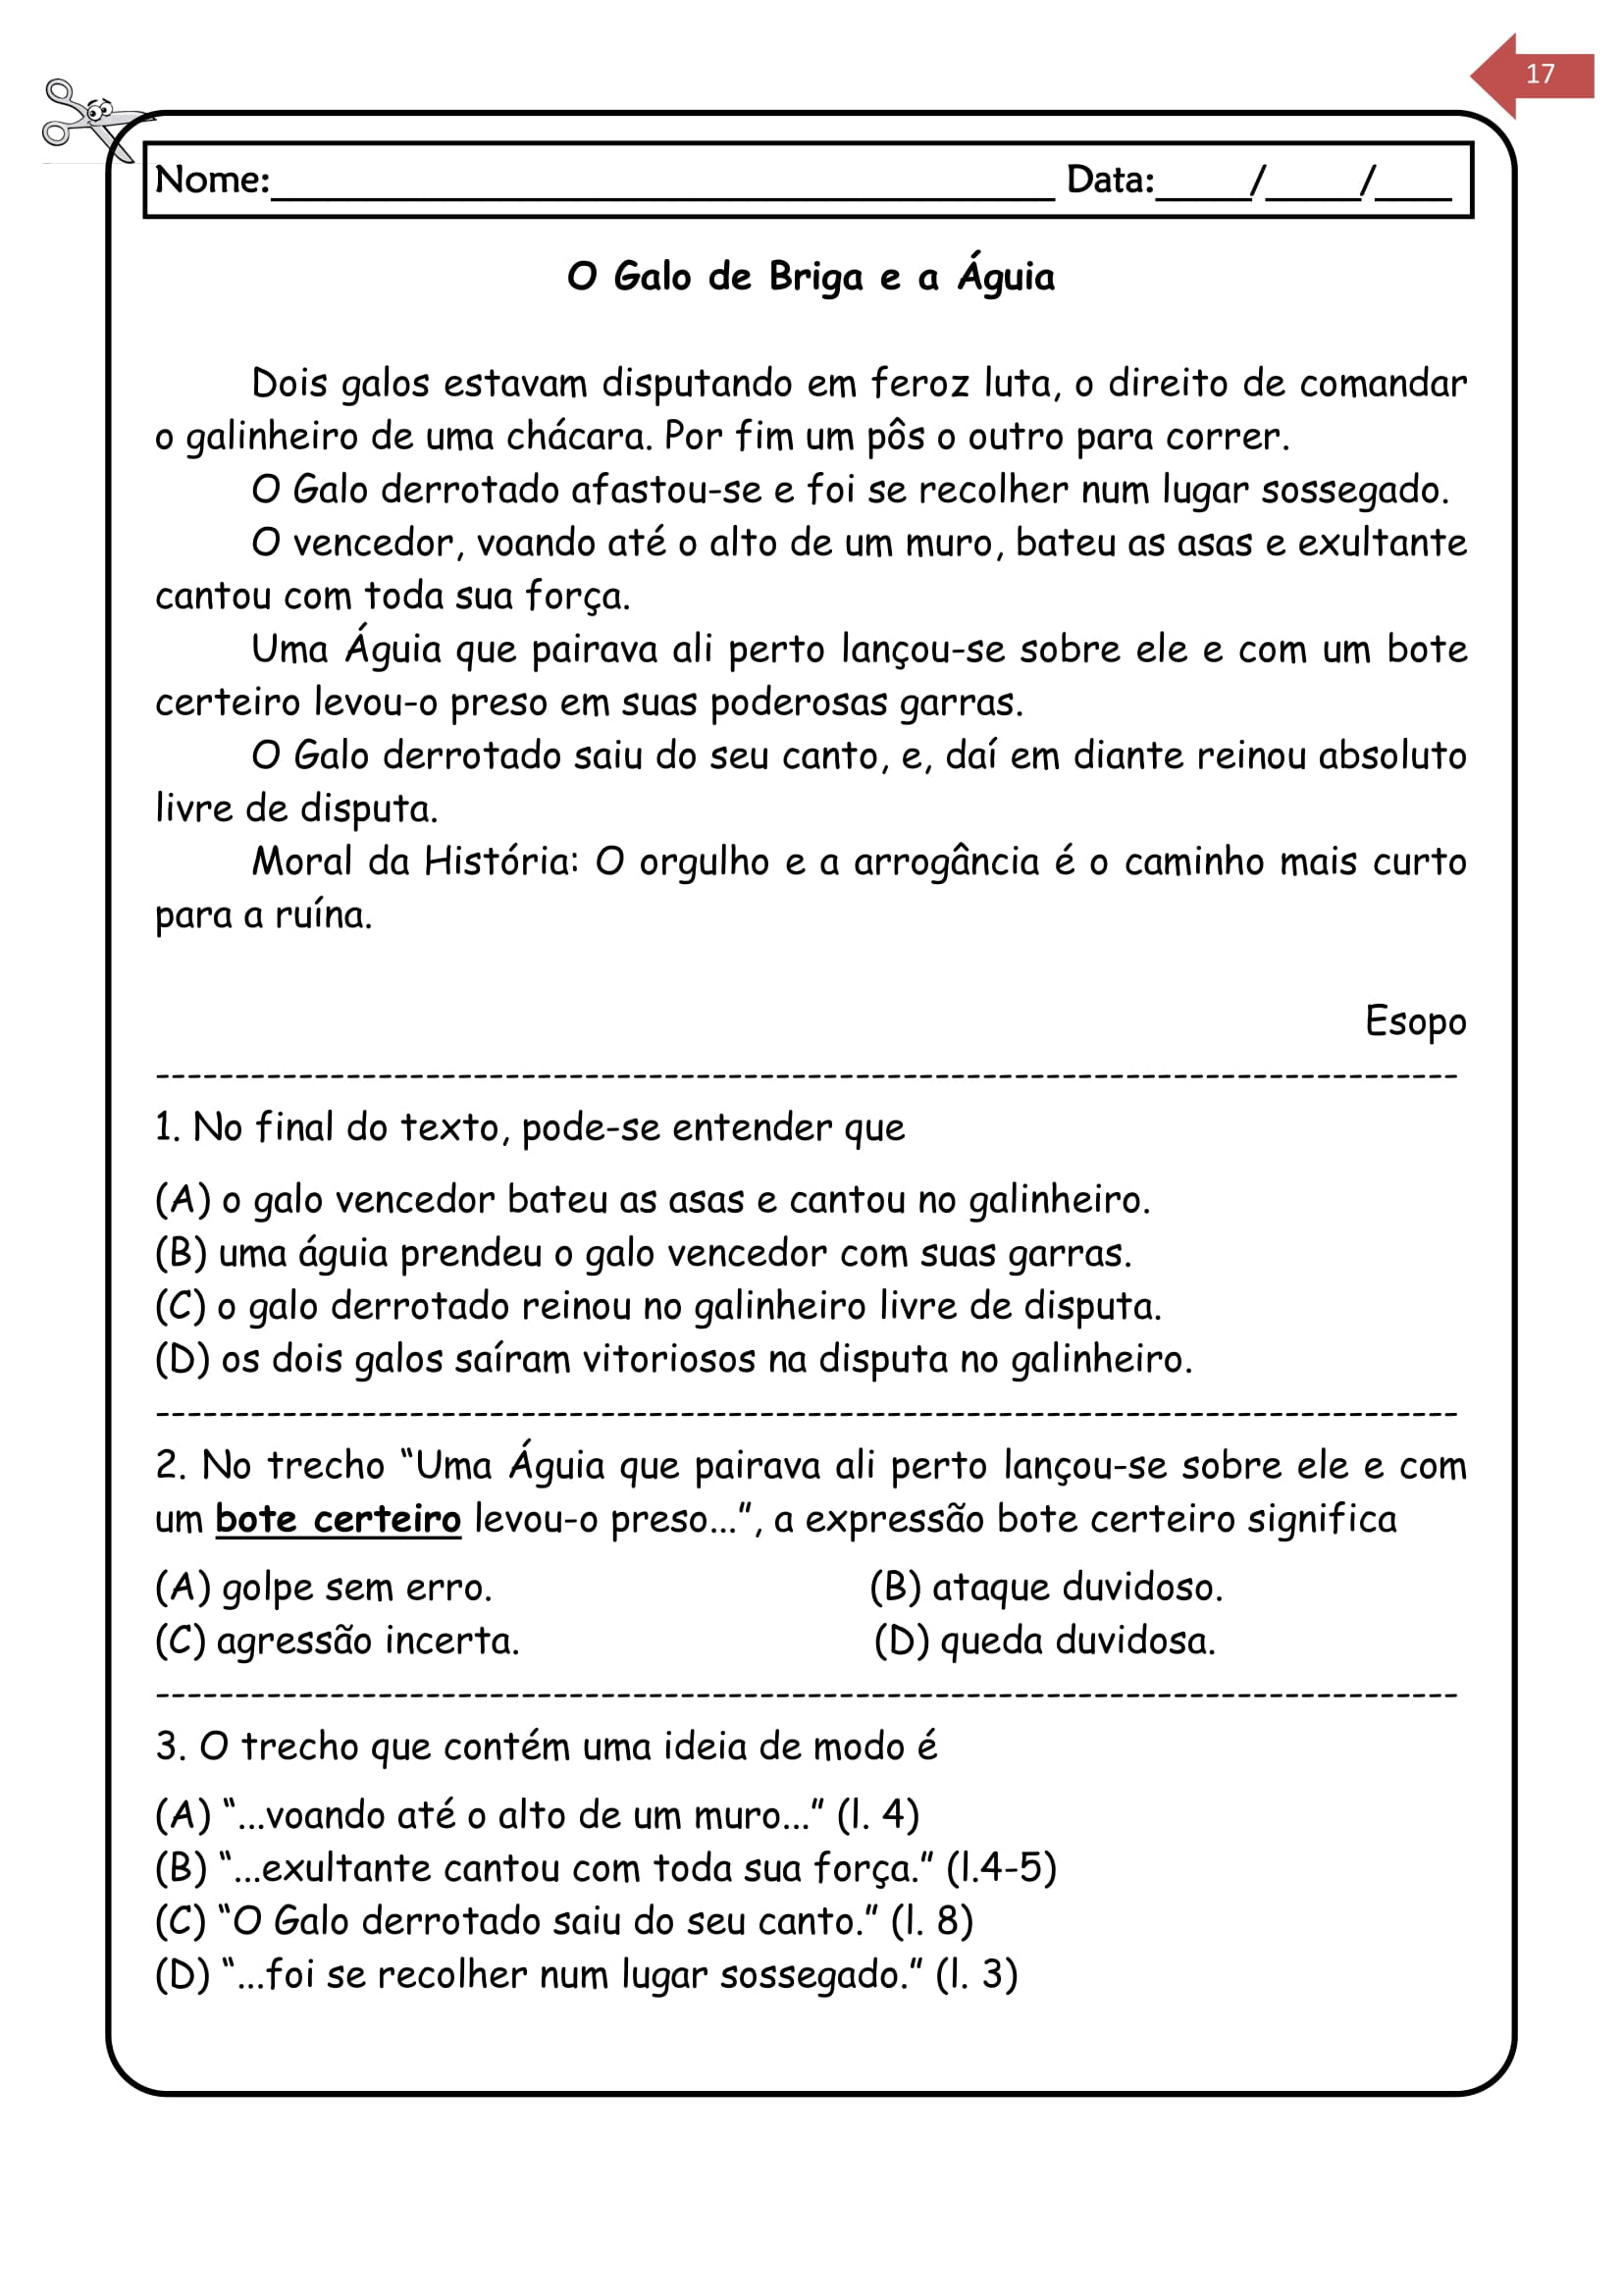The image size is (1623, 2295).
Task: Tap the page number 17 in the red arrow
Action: (1539, 74)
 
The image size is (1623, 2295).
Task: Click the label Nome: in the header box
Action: (212, 181)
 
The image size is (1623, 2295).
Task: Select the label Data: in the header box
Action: (1110, 181)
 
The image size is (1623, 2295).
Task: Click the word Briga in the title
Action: (815, 278)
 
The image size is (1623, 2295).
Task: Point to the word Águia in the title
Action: (1006, 276)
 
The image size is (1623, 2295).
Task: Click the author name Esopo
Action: (1415, 1021)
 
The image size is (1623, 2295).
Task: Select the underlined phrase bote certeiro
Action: (338, 1519)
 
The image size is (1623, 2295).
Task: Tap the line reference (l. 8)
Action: (931, 1921)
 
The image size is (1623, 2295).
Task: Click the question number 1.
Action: (167, 1128)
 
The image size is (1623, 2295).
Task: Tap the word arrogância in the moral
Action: (945, 861)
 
